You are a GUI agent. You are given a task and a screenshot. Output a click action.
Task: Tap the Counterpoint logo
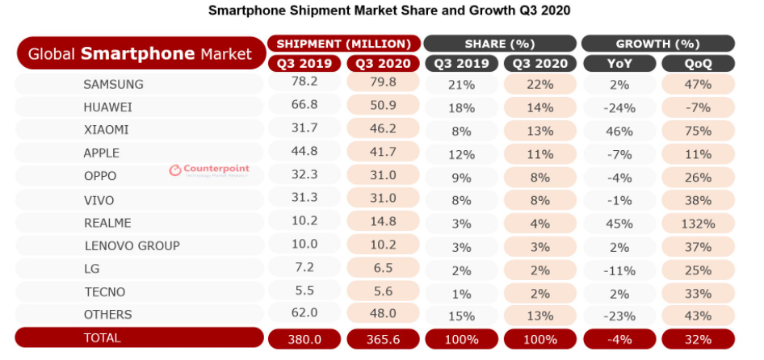tap(209, 170)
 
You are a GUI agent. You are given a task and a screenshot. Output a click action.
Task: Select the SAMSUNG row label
tap(113, 84)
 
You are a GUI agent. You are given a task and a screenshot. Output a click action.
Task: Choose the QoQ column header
tap(697, 64)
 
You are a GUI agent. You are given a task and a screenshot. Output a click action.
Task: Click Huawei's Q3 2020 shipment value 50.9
tap(383, 107)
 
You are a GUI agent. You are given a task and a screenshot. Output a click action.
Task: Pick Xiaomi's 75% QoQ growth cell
tap(697, 130)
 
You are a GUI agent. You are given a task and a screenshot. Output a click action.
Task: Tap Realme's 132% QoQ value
tap(697, 223)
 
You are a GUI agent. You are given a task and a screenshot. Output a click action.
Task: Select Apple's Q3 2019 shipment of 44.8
tap(304, 153)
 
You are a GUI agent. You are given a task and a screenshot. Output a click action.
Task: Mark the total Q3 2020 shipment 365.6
tap(383, 339)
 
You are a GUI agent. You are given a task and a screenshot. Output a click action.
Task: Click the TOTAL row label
tap(103, 338)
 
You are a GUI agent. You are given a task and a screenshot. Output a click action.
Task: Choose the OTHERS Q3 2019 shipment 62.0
tap(304, 315)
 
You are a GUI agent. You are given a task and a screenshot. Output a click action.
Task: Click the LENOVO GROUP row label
tap(132, 245)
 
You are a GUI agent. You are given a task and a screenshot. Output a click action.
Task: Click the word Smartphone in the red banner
tap(137, 54)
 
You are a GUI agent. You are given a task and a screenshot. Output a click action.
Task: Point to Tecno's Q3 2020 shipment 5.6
tap(383, 291)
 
